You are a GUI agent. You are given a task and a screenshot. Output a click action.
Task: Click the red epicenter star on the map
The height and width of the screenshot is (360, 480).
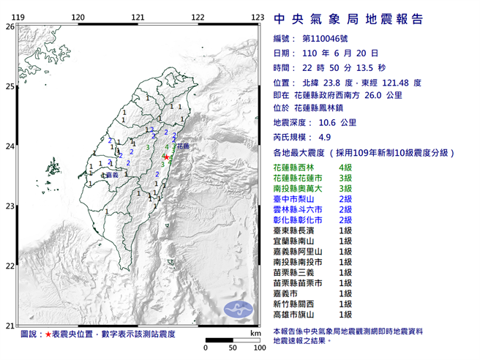click(x=167, y=157)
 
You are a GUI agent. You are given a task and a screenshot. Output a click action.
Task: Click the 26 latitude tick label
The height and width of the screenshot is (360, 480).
click(x=10, y=26)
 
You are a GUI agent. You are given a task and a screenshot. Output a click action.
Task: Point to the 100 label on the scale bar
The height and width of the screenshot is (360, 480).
click(x=259, y=348)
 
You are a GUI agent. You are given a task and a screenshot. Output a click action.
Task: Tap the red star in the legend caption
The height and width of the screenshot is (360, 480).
click(x=48, y=334)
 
